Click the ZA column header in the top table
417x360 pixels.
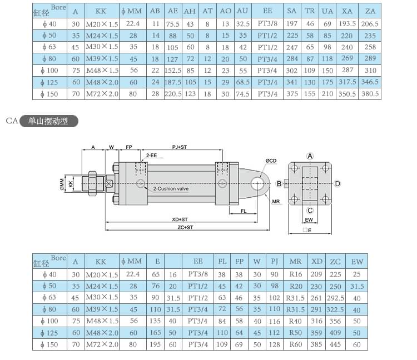pyautogui.click(x=370, y=11)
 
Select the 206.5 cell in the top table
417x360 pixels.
pyautogui.click(x=370, y=24)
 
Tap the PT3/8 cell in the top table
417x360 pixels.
pyautogui.click(x=267, y=24)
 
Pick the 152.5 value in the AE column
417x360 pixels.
pyautogui.click(x=173, y=71)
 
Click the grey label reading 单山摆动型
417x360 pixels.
pyautogui.click(x=48, y=121)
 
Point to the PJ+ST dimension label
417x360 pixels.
pyautogui.click(x=180, y=147)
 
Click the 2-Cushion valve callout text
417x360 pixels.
pyautogui.click(x=171, y=189)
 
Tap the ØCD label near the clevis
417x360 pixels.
pyautogui.click(x=271, y=161)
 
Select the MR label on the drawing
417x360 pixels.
pyautogui.click(x=276, y=202)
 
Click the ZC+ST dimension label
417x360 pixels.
pyautogui.click(x=185, y=227)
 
